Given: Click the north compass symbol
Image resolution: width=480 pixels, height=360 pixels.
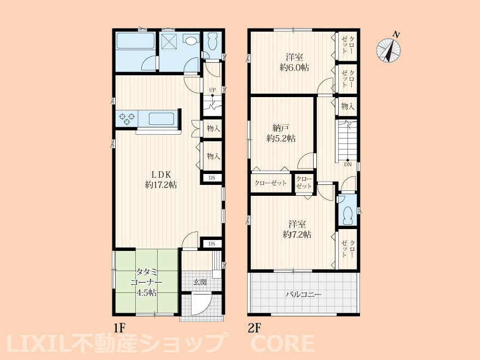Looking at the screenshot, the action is coord(389,50).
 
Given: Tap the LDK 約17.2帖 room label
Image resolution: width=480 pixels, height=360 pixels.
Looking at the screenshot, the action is coord(161,179).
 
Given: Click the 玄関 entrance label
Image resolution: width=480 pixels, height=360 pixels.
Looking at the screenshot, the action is coord(200,282).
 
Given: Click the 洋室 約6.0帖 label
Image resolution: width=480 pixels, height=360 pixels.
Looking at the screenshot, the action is coord(295,62).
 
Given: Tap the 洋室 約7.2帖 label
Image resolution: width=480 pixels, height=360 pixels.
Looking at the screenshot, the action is coord(297,229).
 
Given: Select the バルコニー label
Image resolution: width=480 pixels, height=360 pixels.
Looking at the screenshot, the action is coord(304,295).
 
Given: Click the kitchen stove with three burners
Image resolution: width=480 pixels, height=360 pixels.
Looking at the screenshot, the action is coord(127,119).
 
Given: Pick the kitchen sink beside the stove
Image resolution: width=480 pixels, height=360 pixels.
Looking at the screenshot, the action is coord(161,119).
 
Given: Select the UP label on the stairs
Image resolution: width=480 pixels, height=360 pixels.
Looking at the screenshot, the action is coord(212,89).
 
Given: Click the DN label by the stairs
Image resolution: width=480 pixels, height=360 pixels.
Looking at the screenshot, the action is coord(348,164).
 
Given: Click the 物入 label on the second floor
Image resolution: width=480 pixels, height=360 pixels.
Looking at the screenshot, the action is coord(348,106).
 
